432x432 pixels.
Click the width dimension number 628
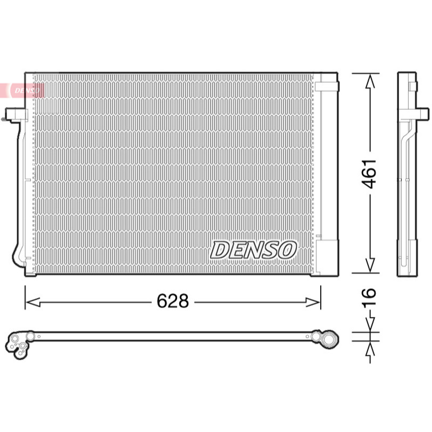tap(173, 301)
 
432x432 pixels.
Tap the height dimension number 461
tap(369, 173)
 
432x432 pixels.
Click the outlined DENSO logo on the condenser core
tap(253, 250)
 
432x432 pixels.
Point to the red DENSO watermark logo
tap(22, 90)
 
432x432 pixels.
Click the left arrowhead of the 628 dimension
tap(33, 302)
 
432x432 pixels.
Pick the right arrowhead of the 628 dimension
tap(313, 302)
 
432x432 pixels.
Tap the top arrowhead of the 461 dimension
tap(370, 81)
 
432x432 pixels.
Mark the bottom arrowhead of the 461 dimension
tap(370, 266)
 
